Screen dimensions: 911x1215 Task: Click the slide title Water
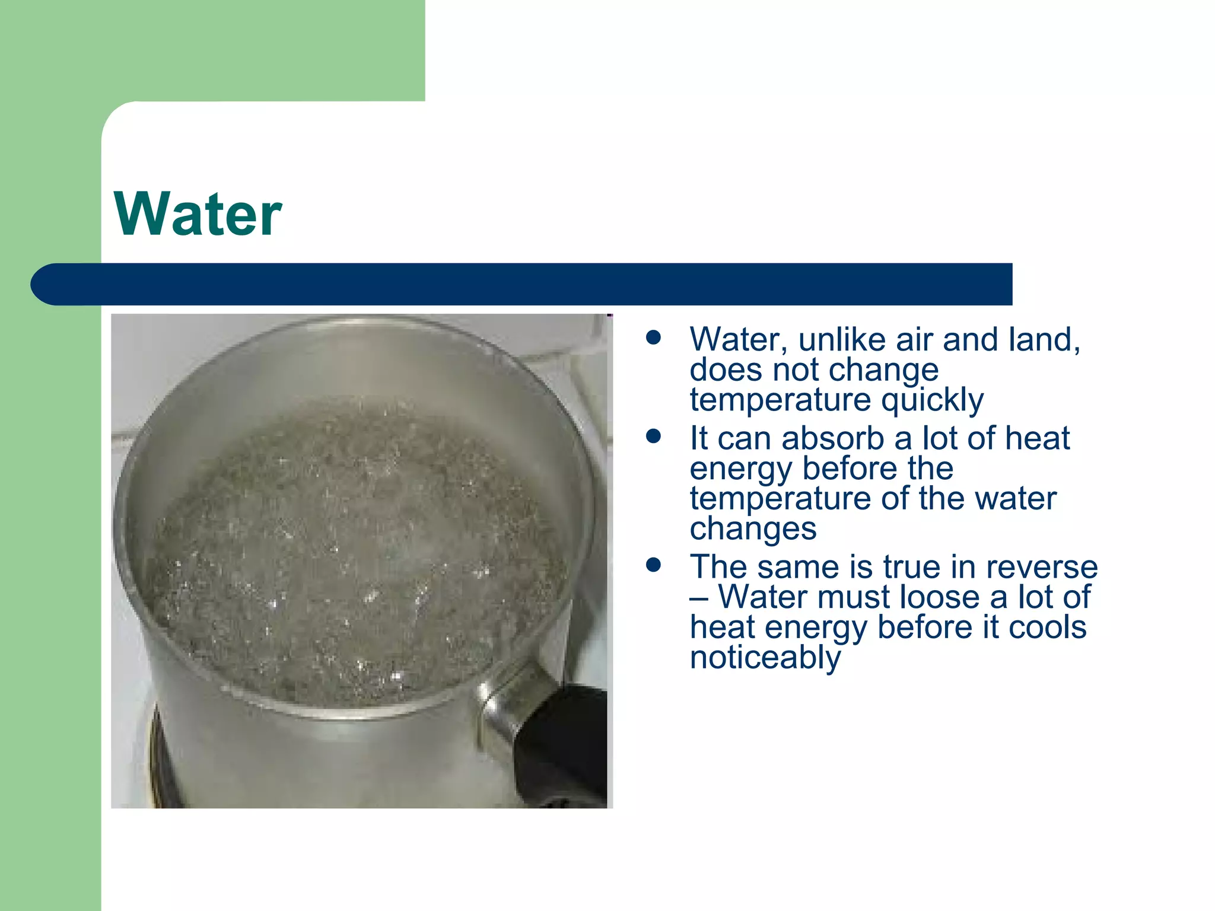198,214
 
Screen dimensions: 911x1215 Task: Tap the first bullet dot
654,338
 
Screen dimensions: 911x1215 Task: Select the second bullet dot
654,437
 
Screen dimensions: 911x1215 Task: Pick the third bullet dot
654,565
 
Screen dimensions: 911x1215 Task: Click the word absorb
832,439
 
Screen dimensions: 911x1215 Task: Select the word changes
753,528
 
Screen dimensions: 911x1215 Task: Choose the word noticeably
765,658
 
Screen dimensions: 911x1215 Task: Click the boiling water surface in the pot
356,552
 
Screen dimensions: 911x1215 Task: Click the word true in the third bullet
912,568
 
